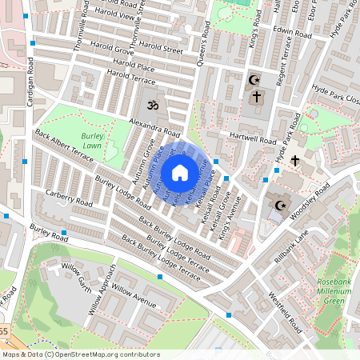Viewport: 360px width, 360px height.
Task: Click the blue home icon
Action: point(180,172)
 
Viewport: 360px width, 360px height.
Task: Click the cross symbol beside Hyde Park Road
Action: point(295,161)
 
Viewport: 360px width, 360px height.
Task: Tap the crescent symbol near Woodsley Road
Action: point(280,206)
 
